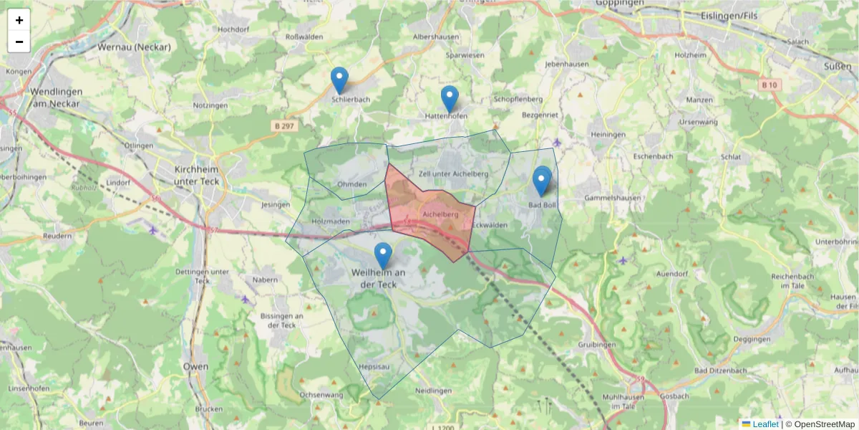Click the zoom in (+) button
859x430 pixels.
click(x=19, y=20)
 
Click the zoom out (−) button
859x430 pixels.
click(x=19, y=42)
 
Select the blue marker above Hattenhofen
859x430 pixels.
click(x=450, y=99)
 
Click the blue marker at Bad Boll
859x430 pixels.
click(x=542, y=181)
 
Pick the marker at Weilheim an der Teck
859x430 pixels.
click(x=384, y=256)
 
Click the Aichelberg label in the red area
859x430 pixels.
click(x=440, y=214)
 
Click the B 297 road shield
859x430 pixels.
click(x=284, y=126)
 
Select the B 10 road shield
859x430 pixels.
click(x=769, y=85)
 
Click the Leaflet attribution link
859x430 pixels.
click(x=765, y=424)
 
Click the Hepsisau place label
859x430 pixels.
click(x=374, y=366)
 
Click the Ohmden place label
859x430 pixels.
click(x=352, y=184)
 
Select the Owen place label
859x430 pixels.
click(x=196, y=366)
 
